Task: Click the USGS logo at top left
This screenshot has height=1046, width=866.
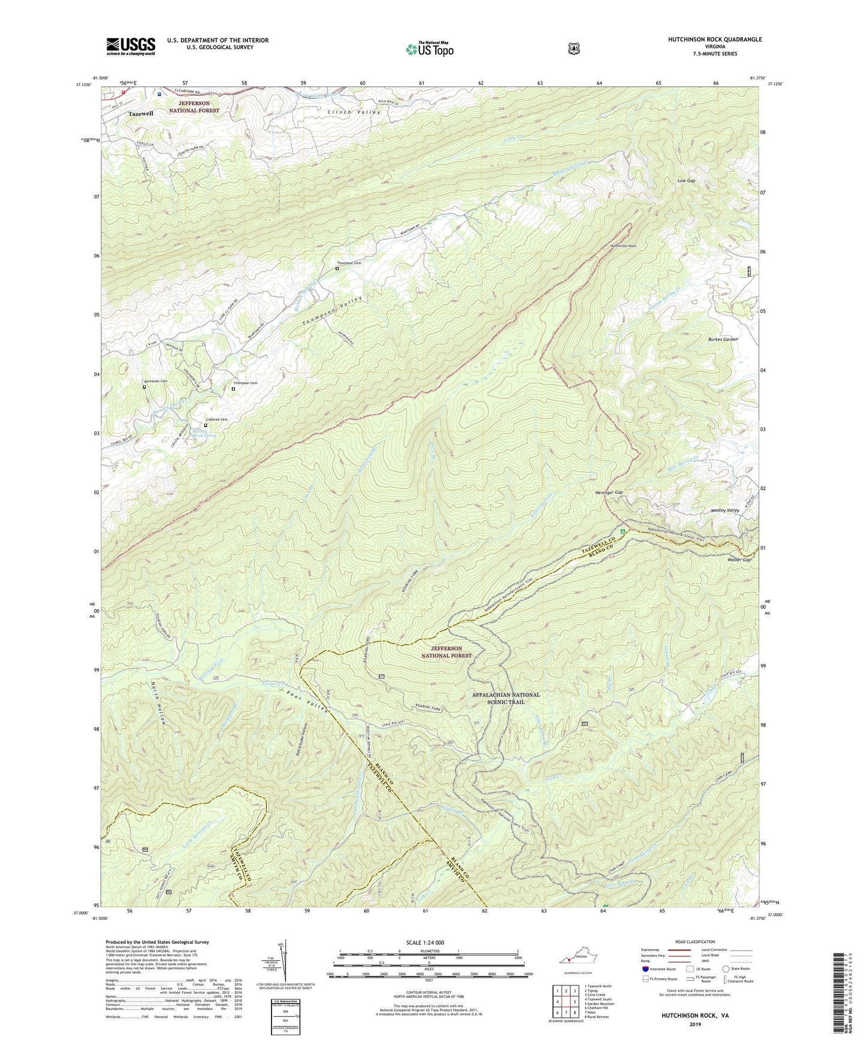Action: coord(131,46)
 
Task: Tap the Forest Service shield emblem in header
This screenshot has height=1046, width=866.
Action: coord(574,49)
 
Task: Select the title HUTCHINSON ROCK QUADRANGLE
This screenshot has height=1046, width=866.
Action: coord(715,40)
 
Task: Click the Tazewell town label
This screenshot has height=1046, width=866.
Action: coord(141,113)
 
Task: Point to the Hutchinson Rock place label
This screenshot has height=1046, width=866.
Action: coord(623,246)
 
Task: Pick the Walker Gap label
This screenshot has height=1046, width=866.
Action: coord(738,560)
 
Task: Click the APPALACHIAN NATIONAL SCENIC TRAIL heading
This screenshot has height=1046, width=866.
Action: coord(506,698)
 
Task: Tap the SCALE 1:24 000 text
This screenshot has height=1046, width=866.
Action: coord(425,942)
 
